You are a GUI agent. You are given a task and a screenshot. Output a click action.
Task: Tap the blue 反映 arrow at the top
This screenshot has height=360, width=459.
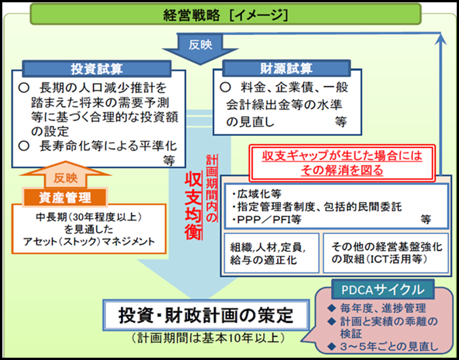196,45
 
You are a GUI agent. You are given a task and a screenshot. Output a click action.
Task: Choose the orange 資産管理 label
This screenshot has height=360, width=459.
64,198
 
